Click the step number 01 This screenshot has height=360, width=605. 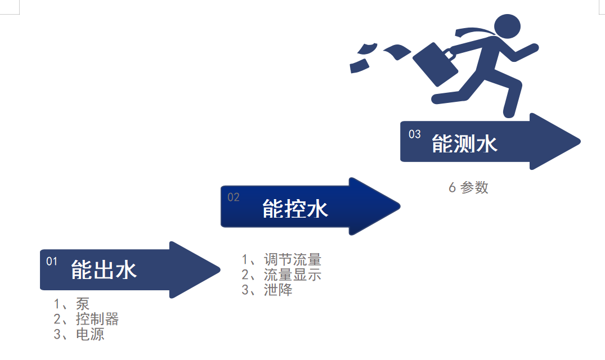tap(52, 261)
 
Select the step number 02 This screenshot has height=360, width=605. tap(234, 197)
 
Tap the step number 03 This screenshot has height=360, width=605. tap(415, 134)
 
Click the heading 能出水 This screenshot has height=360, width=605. tap(104, 271)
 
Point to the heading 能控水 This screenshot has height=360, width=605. tap(295, 209)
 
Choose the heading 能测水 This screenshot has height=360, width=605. tap(465, 143)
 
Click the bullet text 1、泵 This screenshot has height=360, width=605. tap(71, 304)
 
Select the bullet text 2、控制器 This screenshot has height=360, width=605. tap(86, 319)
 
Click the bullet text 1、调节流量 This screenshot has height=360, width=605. tap(281, 259)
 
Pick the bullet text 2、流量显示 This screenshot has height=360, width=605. tap(281, 274)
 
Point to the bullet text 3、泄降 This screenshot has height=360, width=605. tap(267, 290)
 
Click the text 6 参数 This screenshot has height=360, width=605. tap(468, 188)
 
